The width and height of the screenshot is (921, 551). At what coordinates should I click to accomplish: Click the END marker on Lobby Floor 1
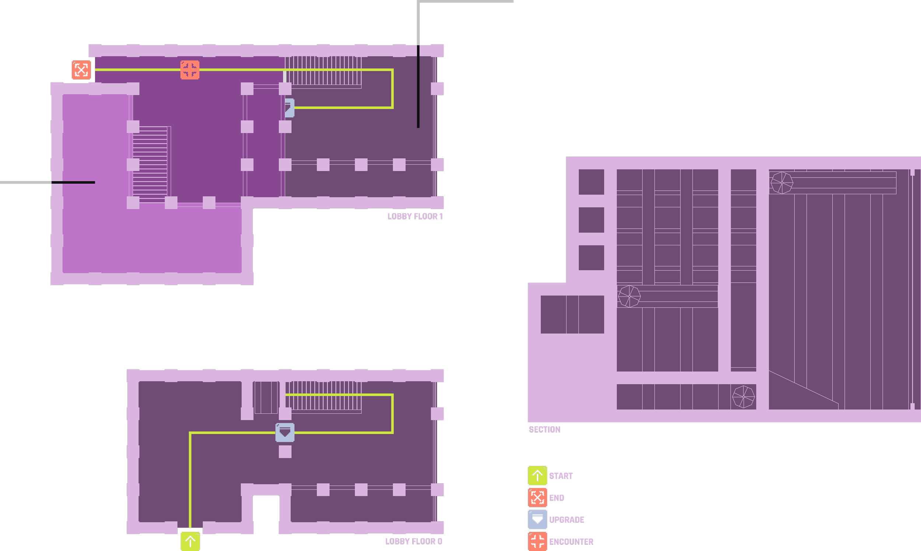(x=81, y=70)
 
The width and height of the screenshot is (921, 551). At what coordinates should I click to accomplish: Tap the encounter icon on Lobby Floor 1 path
(x=189, y=70)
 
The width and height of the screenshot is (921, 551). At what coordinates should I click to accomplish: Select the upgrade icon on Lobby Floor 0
(x=284, y=432)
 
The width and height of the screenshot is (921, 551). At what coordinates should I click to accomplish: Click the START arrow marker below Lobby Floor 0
(x=190, y=541)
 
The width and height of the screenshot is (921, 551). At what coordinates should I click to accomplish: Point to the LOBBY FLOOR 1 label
(x=414, y=216)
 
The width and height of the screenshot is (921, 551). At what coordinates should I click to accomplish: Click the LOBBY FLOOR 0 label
(x=413, y=541)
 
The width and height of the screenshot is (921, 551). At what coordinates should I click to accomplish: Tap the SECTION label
(x=544, y=430)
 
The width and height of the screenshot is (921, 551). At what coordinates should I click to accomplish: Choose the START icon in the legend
(x=537, y=476)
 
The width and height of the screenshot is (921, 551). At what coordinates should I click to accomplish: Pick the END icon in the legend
(x=537, y=498)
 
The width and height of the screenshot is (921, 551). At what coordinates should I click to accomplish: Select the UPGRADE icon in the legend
(x=537, y=519)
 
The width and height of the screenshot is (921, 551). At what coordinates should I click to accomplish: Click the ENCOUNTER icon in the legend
(x=537, y=541)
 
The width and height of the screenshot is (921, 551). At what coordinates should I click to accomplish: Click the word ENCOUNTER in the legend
(x=571, y=542)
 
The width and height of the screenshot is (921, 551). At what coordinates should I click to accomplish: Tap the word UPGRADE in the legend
(x=567, y=520)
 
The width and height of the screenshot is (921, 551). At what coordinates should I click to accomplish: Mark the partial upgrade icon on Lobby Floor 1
(x=290, y=108)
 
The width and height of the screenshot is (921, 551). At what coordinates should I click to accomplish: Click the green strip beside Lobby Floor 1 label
(x=380, y=211)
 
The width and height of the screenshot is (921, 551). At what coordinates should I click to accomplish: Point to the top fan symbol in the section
(x=782, y=183)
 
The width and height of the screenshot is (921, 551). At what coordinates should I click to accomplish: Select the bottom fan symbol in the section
(x=743, y=396)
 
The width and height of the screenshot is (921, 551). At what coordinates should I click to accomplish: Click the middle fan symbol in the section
(x=629, y=296)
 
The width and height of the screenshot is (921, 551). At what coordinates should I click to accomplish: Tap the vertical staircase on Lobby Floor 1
(x=150, y=165)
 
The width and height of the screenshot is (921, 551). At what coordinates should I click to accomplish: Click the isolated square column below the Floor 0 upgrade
(x=285, y=452)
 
